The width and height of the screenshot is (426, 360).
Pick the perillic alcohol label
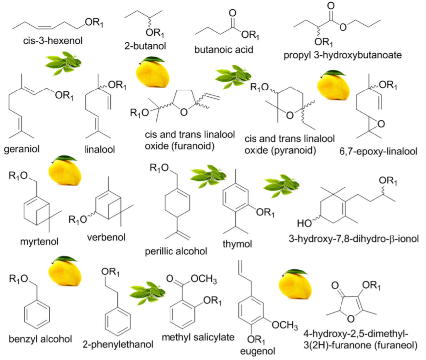point(175,251)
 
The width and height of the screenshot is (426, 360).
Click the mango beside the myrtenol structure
point(62,170)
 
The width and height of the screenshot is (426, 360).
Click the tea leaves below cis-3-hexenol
point(63,64)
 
